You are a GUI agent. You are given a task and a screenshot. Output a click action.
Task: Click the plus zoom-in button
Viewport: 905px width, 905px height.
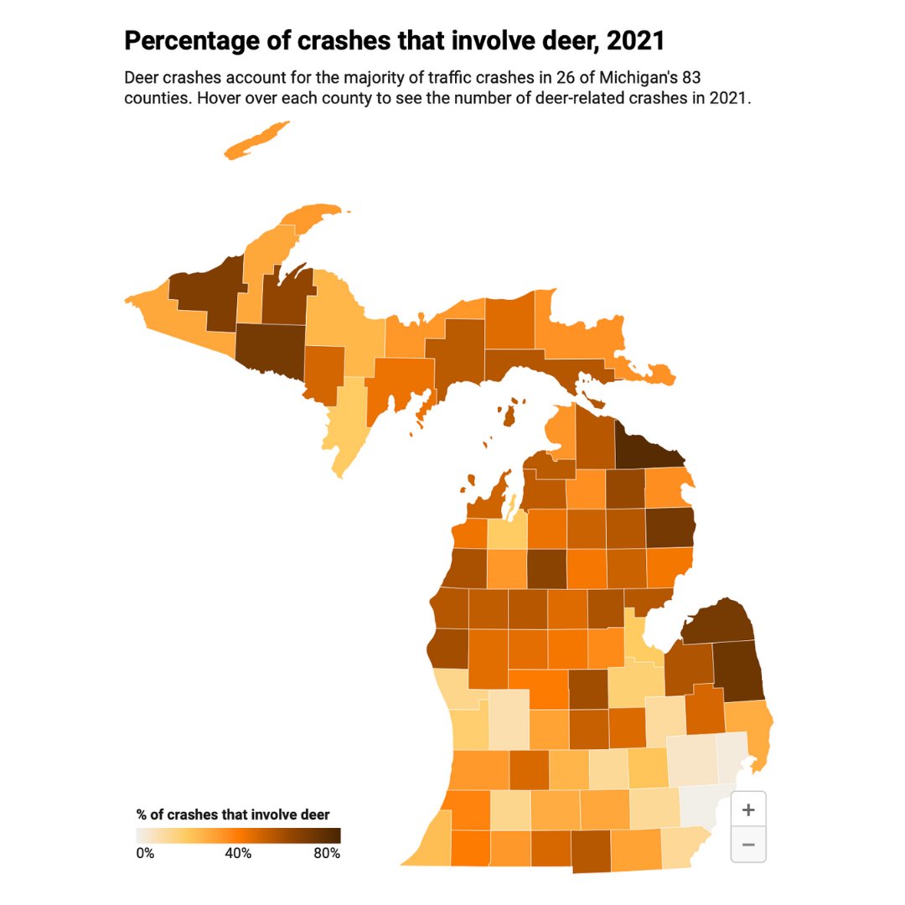tap(748, 809)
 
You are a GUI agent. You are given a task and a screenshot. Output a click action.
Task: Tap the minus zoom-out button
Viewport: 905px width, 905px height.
tap(748, 844)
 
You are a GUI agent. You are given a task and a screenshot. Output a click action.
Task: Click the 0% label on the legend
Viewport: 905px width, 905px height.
tap(145, 854)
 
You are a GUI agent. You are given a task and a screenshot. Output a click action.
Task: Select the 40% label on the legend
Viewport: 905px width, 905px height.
tap(238, 854)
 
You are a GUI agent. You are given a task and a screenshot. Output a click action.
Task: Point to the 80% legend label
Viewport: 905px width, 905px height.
tap(326, 854)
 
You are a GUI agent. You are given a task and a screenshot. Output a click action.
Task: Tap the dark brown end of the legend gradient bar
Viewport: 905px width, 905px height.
tap(334, 835)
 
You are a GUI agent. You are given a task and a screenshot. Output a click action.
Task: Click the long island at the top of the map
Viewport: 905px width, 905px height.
tap(256, 140)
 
